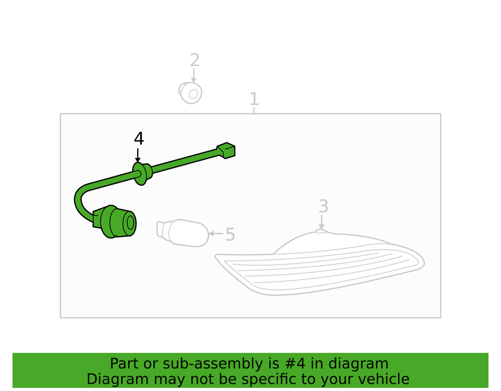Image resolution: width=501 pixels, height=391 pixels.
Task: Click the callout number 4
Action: [139, 139]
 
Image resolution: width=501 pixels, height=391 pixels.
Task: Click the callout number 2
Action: [194, 61]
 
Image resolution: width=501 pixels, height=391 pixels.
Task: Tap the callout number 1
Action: [254, 99]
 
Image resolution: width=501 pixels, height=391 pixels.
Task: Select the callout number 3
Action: [323, 206]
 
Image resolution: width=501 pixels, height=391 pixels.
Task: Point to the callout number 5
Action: [230, 234]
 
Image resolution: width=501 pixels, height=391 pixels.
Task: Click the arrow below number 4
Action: [138, 155]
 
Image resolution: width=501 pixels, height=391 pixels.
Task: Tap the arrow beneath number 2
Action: [194, 76]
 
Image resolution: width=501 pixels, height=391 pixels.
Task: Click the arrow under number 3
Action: [322, 222]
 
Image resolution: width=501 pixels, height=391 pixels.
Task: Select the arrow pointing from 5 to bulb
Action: [216, 233]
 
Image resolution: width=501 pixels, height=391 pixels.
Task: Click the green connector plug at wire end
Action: [226, 150]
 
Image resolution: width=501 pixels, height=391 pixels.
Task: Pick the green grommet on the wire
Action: [140, 173]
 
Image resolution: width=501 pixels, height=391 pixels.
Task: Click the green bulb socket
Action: [116, 222]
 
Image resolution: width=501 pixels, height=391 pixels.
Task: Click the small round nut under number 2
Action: [190, 93]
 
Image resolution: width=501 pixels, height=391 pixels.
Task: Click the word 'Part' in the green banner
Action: [122, 363]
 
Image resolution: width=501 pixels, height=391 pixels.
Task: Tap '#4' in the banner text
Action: [300, 363]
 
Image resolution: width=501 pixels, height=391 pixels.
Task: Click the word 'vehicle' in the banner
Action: [386, 379]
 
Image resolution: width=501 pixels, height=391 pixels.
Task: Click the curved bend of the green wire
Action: [79, 200]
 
